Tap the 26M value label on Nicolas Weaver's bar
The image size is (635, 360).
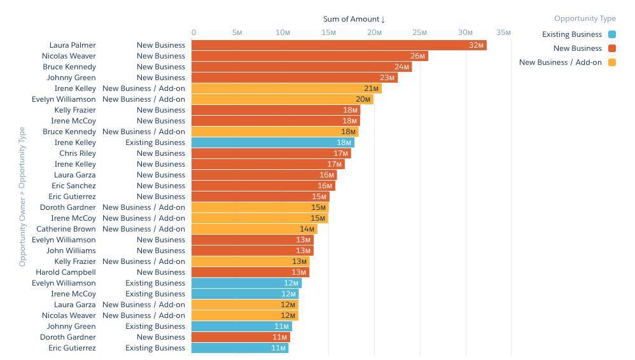pyautogui.click(x=417, y=56)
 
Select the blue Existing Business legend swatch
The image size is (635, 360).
pyautogui.click(x=612, y=34)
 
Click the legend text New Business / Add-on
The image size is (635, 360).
pyautogui.click(x=560, y=62)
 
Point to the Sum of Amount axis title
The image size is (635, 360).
pyautogui.click(x=351, y=19)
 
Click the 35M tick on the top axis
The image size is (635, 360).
pyautogui.click(x=503, y=32)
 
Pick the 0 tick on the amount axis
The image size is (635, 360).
pyautogui.click(x=194, y=32)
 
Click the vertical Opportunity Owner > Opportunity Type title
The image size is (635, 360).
pyautogui.click(x=23, y=197)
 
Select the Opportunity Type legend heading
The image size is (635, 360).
pyautogui.click(x=585, y=19)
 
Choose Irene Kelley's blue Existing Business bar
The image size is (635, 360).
pyautogui.click(x=272, y=142)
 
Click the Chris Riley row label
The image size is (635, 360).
pyautogui.click(x=78, y=153)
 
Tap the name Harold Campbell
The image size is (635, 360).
pyautogui.click(x=66, y=272)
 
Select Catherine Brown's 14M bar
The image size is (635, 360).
pyautogui.click(x=254, y=229)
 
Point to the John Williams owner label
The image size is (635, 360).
pyautogui.click(x=71, y=251)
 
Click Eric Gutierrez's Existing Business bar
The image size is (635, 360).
pyautogui.click(x=239, y=348)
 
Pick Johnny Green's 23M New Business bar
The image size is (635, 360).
pyautogui.click(x=294, y=78)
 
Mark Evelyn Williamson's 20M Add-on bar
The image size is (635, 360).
pyautogui.click(x=282, y=99)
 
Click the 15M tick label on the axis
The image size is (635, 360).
pyautogui.click(x=328, y=32)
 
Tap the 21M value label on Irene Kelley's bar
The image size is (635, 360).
pyautogui.click(x=372, y=88)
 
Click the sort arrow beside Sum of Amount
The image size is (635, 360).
pyautogui.click(x=383, y=20)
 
